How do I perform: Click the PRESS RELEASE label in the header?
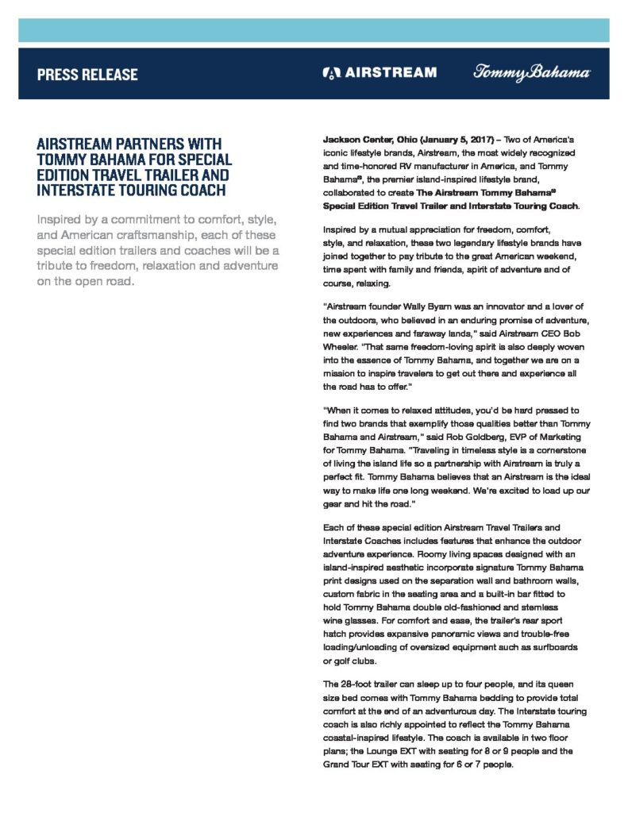(87, 75)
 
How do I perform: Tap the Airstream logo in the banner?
(379, 73)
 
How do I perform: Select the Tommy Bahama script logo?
(532, 73)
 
